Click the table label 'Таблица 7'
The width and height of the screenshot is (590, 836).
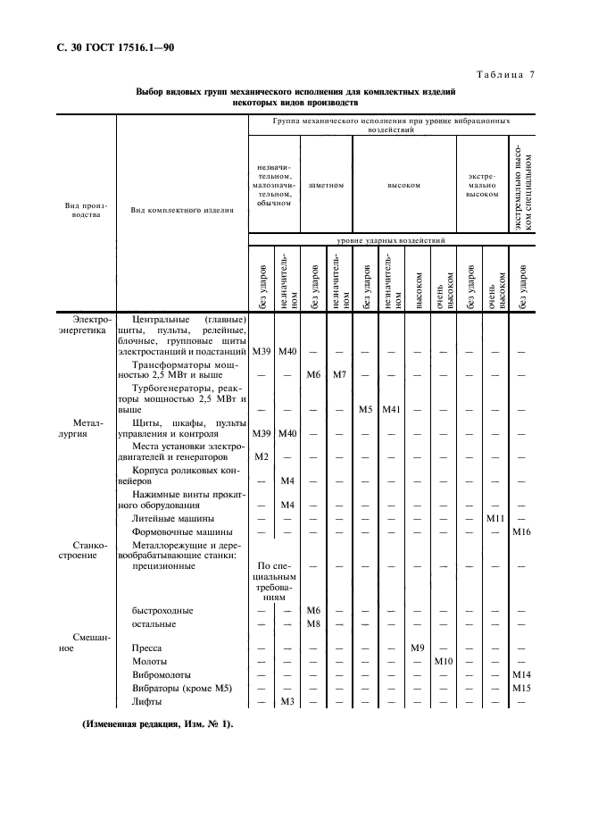pos(504,74)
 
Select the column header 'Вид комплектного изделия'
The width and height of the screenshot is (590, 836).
pos(182,211)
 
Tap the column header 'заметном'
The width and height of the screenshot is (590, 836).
pos(326,186)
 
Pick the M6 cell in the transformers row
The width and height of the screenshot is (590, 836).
pos(313,373)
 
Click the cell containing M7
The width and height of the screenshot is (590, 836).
pos(339,373)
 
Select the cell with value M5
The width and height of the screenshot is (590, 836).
pos(365,409)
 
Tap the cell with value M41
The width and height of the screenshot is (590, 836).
pos(393,409)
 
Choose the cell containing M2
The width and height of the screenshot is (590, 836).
pos(262,456)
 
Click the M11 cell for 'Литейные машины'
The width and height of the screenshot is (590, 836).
pos(496,518)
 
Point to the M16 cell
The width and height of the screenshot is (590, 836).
pos(523,531)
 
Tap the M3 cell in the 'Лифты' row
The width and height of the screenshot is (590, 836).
pos(287,702)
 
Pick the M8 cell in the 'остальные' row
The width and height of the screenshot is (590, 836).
pos(313,623)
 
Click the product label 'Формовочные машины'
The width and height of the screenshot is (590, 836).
pos(173,531)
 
